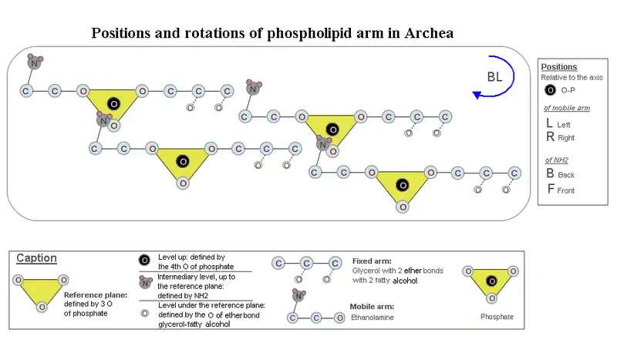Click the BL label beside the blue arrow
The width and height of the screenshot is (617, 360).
[495, 76]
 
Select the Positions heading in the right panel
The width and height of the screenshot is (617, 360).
[559, 67]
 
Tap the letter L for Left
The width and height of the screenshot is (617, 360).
[549, 123]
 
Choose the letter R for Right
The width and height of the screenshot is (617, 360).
[549, 137]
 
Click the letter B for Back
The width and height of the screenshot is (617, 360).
[549, 174]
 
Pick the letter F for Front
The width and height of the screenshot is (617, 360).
[549, 189]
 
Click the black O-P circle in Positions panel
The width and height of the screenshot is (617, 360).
[549, 90]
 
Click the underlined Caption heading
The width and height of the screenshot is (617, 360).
[36, 258]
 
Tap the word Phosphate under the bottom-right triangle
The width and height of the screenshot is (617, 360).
[491, 317]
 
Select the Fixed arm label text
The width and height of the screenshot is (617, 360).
[372, 261]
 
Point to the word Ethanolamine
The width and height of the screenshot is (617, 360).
[373, 317]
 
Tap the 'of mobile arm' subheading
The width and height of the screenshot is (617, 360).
[567, 108]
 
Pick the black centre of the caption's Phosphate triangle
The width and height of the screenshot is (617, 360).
[491, 281]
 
